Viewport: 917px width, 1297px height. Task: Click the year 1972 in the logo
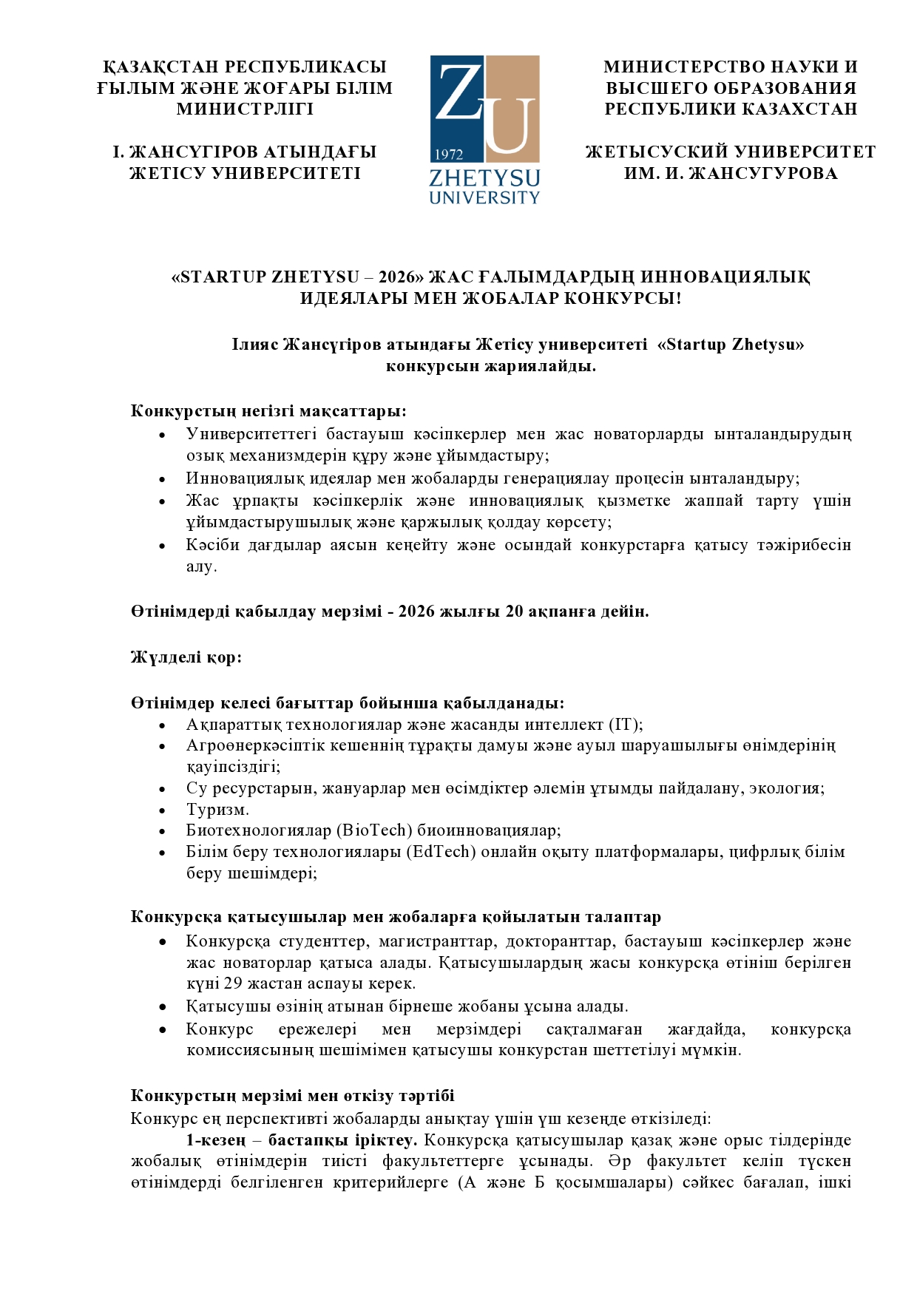click(x=449, y=155)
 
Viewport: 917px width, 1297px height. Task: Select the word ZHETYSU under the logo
click(x=484, y=179)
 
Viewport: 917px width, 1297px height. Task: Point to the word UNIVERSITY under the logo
click(x=484, y=197)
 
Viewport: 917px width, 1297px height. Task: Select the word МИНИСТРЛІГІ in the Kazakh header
click(x=245, y=109)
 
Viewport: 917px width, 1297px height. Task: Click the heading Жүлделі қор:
click(x=186, y=657)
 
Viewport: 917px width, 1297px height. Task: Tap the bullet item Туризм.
click(x=217, y=810)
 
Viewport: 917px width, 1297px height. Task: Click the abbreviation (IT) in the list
click(x=625, y=725)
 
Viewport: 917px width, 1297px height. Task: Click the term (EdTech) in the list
click(x=441, y=852)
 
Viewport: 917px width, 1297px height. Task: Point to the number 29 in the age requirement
click(x=233, y=983)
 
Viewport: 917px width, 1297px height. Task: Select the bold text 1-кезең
click(x=215, y=1140)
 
